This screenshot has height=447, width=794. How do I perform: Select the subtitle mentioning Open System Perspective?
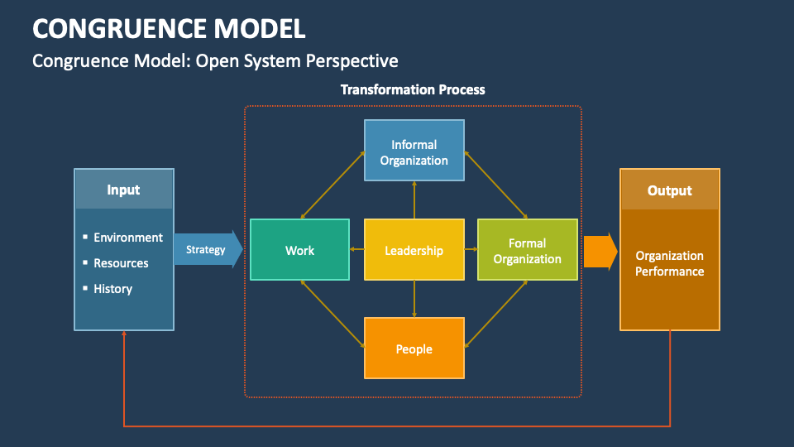tap(215, 61)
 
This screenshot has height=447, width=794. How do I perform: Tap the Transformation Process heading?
tap(413, 89)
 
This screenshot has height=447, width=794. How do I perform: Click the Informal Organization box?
tap(414, 151)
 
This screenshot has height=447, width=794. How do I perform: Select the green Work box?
tap(299, 250)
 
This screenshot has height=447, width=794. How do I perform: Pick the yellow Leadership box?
tap(414, 250)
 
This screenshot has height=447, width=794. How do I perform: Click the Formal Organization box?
tap(527, 250)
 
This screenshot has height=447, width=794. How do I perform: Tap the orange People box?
tap(414, 348)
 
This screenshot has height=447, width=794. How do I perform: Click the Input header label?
tap(123, 190)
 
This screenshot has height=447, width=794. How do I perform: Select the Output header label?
tap(669, 190)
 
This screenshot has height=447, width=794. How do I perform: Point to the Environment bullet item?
tap(128, 238)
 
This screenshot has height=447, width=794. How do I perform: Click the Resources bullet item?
tap(121, 263)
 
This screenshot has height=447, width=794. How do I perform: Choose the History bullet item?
tap(112, 289)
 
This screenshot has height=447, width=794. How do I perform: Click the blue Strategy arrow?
tap(207, 250)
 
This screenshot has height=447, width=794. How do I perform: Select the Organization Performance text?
tap(669, 263)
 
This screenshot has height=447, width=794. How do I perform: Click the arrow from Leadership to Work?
tap(357, 249)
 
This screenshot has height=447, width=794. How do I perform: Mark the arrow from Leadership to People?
tap(414, 299)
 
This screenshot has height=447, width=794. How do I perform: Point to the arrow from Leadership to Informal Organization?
tap(414, 200)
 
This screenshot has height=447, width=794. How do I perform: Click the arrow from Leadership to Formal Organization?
tap(471, 249)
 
